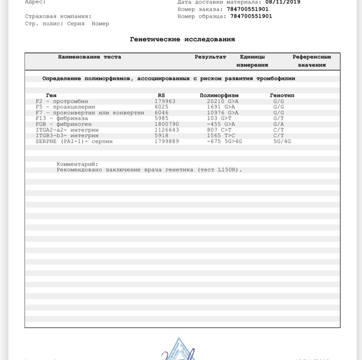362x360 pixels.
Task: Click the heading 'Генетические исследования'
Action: pos(182,39)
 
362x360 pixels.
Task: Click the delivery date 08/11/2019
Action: pos(283,2)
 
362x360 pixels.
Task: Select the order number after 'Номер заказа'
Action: pos(248,9)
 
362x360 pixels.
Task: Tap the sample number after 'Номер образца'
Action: pos(251,16)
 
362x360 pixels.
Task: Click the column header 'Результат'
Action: pos(210,57)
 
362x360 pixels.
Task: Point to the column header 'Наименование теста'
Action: pos(89,57)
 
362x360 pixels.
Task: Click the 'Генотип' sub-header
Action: pos(282,95)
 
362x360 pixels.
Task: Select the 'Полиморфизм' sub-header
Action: pos(219,95)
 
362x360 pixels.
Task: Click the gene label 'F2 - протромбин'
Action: pos(62,101)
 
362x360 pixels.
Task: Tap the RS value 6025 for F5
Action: pos(161,107)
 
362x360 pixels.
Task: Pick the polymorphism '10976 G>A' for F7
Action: pos(222,113)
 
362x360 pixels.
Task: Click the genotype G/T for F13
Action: pos(278,118)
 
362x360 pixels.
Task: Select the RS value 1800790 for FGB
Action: pos(166,124)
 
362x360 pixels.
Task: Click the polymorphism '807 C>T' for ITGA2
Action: pos(219,130)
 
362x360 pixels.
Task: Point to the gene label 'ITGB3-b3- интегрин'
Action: pos(67,135)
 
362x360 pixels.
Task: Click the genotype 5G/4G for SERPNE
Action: pos(282,141)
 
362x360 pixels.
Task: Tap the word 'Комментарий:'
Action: pos(77,164)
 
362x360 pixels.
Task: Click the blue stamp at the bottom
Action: pos(179,350)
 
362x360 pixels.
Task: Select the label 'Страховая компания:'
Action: pos(58,16)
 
